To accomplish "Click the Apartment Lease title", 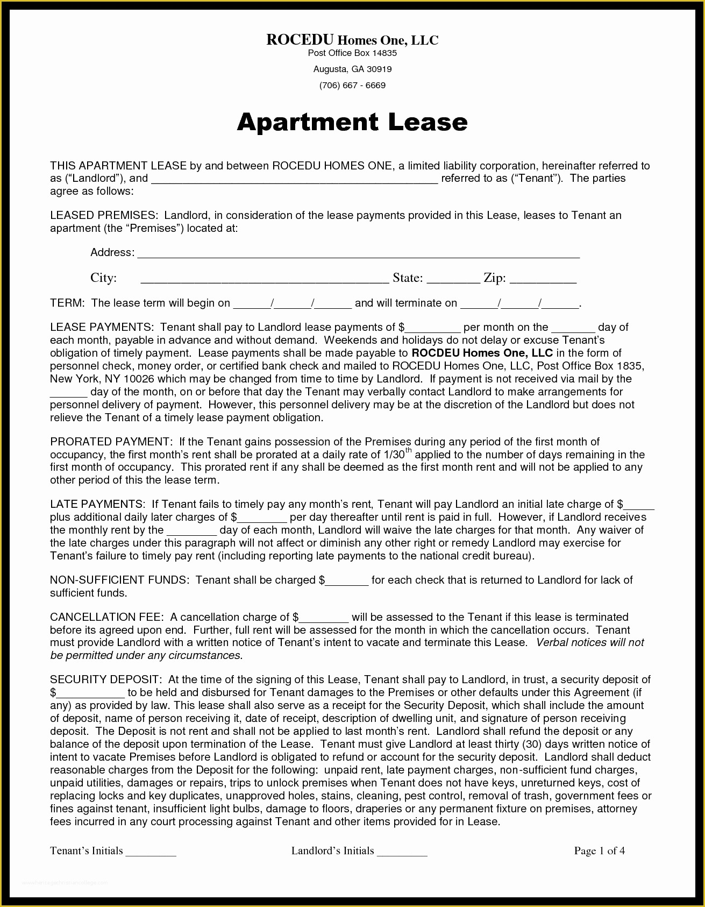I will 352,122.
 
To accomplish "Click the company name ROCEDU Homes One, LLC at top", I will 352,40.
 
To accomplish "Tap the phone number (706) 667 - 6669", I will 352,85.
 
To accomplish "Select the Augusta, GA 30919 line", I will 352,69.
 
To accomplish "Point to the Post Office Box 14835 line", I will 352,53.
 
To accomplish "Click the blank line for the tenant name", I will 294,180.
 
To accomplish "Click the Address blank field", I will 358,254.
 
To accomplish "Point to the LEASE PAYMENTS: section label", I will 102,327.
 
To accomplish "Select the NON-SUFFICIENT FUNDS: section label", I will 119,580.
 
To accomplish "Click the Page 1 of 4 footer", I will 599,851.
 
